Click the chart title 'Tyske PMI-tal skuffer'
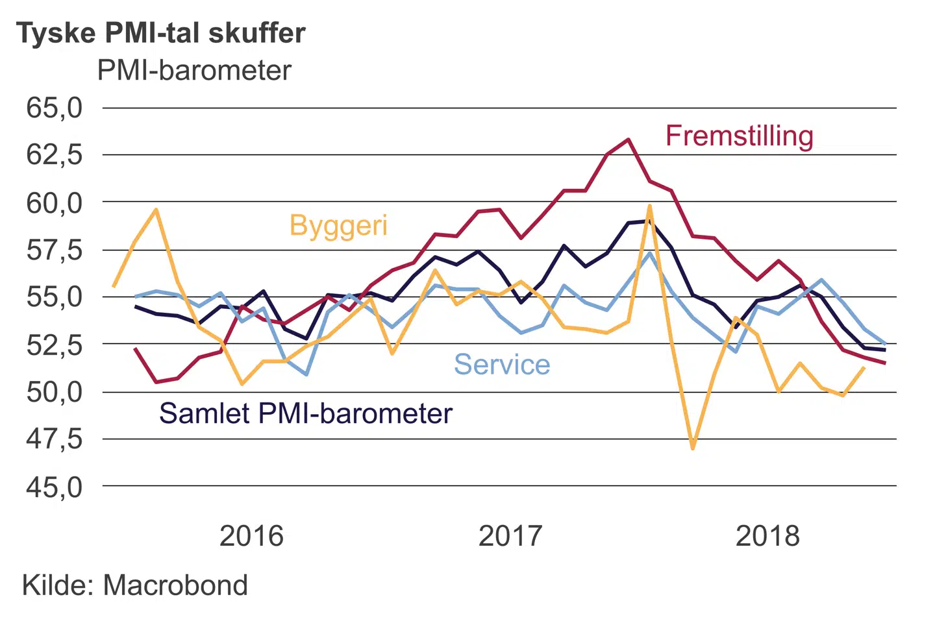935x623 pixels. pos(160,33)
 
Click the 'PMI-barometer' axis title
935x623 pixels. pos(194,71)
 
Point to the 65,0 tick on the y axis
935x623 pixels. pos(55,108)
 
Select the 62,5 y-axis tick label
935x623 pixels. pos(55,155)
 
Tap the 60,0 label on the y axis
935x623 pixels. pos(55,202)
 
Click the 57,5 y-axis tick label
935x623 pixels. pos(55,250)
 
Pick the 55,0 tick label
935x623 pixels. pos(55,297)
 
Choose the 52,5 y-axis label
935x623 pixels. pos(55,345)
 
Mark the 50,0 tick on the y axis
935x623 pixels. pos(55,392)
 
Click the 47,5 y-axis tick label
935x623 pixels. pos(55,439)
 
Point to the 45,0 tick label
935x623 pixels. pos(55,487)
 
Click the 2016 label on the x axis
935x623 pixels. pos(251,537)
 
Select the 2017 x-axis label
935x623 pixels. pos(510,537)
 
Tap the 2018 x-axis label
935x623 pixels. pos(767,537)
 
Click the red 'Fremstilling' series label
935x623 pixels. pos(739,136)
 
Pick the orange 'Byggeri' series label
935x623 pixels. pos(338,226)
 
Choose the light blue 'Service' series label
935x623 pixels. pos(502,365)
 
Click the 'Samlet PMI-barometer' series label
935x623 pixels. pos(306,413)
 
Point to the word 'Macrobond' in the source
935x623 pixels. pos(175,585)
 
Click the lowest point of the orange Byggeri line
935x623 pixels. pos(693,448)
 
